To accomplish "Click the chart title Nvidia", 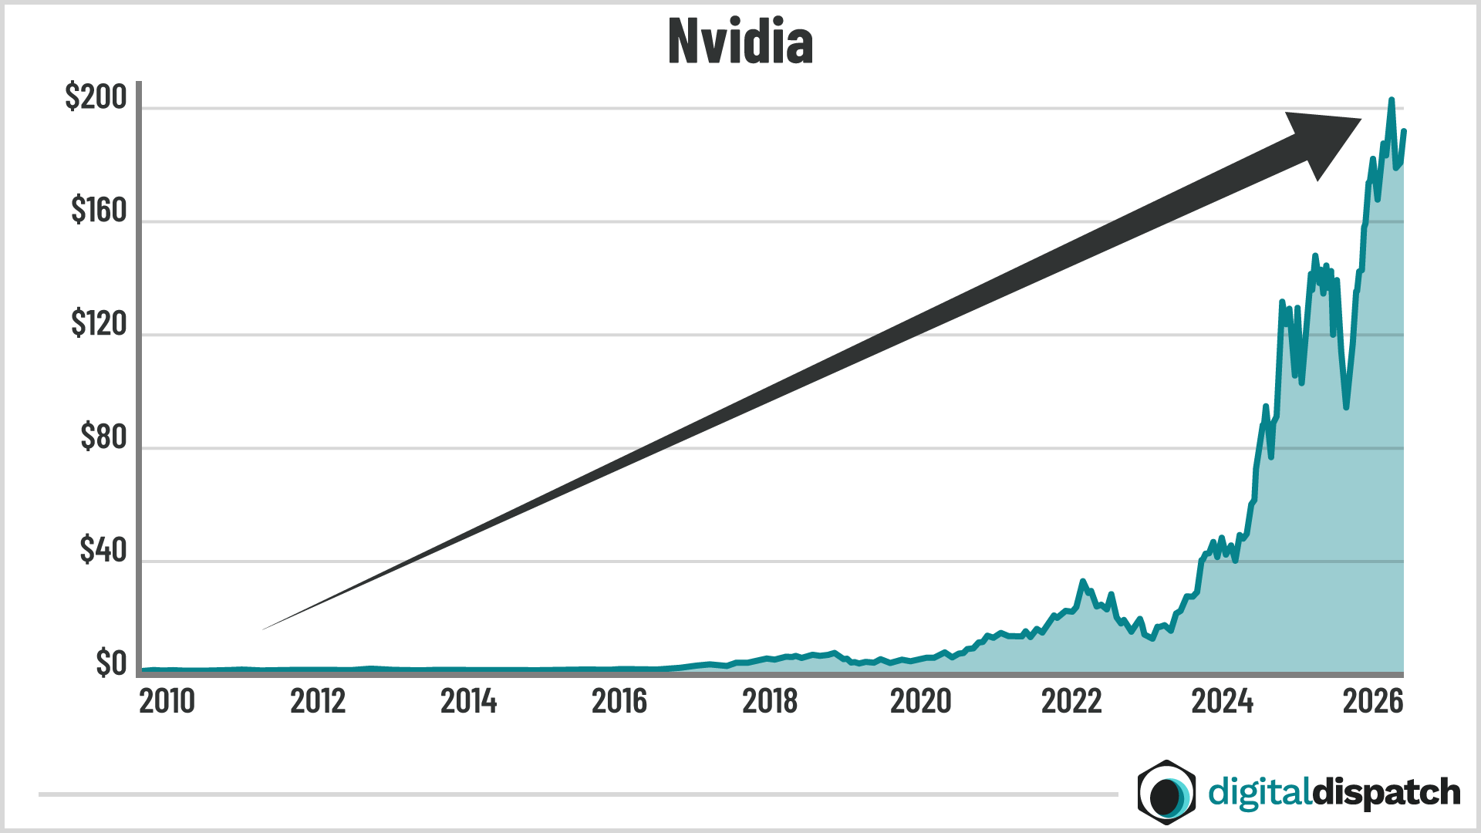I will [x=740, y=42].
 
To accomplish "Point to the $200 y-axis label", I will [x=96, y=97].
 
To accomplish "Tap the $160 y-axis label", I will [x=98, y=210].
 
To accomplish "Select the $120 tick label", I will [x=98, y=323].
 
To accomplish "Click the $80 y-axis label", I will [x=103, y=437].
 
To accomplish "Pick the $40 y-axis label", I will [x=103, y=550].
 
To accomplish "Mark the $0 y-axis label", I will [x=110, y=663].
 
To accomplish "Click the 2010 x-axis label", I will [x=167, y=701].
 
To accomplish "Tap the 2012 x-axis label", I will [x=318, y=701].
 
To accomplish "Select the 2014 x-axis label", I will [x=468, y=701].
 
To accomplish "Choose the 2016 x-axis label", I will [x=619, y=701].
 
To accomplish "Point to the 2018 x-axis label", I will [x=770, y=701].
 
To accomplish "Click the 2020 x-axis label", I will [x=920, y=701].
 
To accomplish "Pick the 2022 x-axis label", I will [x=1071, y=701].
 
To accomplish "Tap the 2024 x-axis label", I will [x=1222, y=701].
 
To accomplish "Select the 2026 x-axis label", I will [x=1373, y=701].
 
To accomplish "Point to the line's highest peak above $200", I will [x=1392, y=100].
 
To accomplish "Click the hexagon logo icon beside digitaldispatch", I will [x=1166, y=792].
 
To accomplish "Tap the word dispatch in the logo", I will [x=1385, y=792].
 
